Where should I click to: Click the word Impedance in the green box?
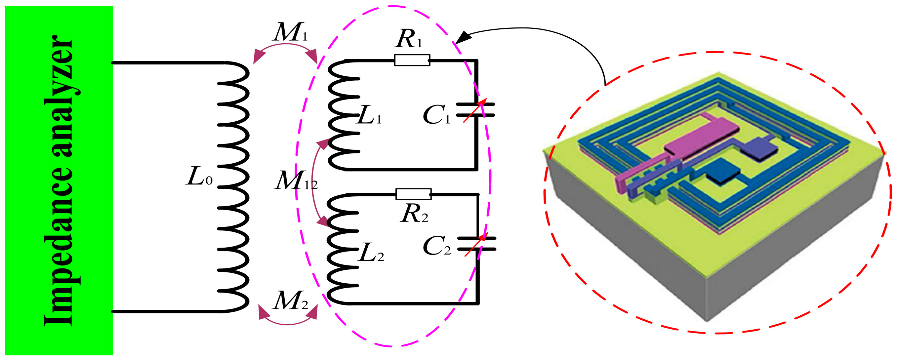pos(59,247)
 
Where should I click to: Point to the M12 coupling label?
pos(295,181)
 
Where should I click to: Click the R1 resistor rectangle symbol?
pos(412,60)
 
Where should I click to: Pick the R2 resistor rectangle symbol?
pos(413,194)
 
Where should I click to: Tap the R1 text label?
pos(409,40)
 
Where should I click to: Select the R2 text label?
pos(414,214)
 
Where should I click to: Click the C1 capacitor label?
pos(436,115)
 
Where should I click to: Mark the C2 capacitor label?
pos(436,246)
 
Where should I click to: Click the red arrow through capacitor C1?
pos(475,110)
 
